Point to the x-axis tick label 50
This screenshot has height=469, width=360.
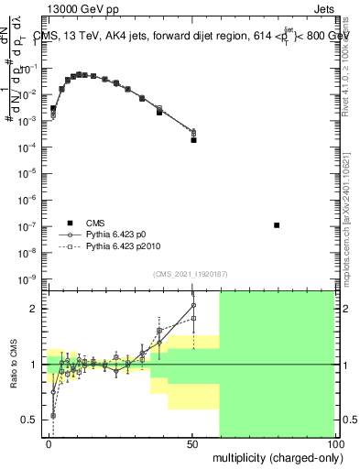(x=192, y=442)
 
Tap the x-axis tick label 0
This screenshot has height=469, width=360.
(x=49, y=442)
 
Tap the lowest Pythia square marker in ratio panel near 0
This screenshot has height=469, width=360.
(x=53, y=415)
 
